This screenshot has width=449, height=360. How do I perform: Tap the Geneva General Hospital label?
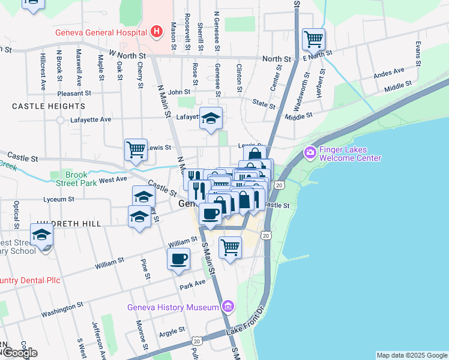tap(100, 33)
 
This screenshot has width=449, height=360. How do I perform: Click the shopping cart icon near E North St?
tap(313, 40)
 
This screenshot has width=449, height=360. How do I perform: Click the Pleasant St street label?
tap(74, 94)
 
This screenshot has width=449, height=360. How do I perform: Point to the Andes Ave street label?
tap(388, 73)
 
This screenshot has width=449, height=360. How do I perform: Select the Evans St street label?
tap(417, 53)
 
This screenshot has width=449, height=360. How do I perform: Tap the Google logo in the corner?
tap(20, 353)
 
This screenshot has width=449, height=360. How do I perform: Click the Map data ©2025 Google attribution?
tap(411, 355)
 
